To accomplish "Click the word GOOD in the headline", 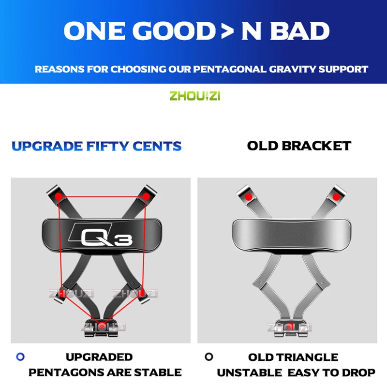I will pos(169,30).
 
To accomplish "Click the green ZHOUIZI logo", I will pos(194,96).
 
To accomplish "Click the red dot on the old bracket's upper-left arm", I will pos(248,197).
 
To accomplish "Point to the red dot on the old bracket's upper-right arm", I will pos(336,197).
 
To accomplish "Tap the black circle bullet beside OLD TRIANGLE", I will pos(208,357).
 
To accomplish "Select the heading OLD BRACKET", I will pos(299,146).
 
